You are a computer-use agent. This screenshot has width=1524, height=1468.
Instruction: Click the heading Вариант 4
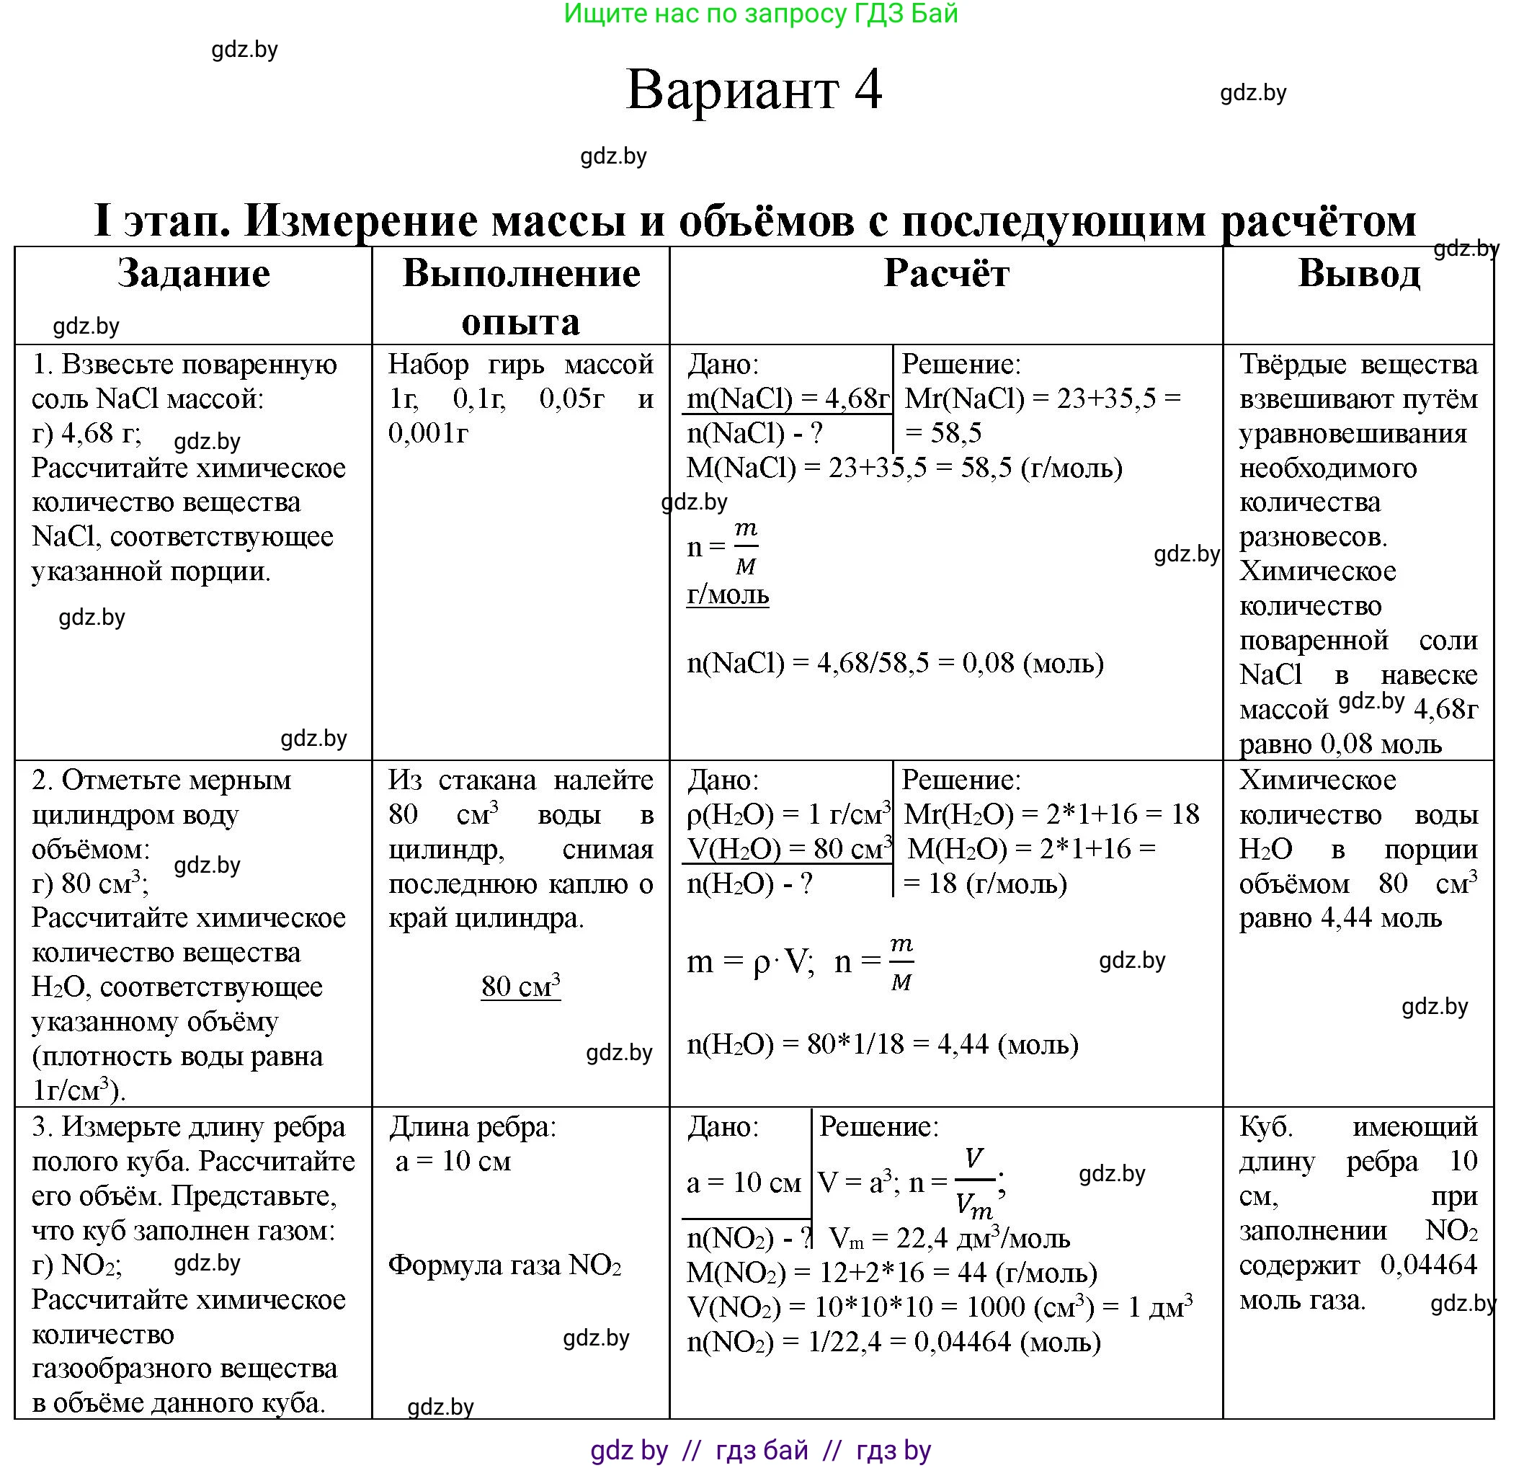point(754,89)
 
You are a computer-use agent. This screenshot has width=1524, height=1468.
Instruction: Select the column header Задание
point(194,274)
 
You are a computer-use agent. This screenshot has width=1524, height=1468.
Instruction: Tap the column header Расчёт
point(945,274)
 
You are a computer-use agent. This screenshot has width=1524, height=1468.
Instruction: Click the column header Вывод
point(1358,274)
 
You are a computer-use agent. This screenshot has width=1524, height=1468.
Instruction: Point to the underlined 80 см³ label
point(520,986)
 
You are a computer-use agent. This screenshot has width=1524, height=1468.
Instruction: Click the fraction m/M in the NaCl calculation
point(745,548)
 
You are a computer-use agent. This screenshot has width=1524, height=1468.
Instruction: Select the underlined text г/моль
point(728,594)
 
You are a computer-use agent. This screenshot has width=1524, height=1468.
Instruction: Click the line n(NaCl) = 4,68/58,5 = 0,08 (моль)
point(895,662)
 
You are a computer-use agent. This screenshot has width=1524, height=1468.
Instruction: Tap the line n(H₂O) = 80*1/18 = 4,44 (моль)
point(883,1044)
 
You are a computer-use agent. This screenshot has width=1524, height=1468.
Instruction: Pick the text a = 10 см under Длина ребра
point(453,1161)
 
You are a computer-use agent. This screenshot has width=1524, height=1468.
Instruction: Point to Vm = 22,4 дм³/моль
point(950,1238)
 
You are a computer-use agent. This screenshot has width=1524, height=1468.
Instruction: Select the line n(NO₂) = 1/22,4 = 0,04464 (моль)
point(894,1341)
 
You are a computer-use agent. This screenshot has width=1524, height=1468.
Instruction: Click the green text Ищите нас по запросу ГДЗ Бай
point(760,14)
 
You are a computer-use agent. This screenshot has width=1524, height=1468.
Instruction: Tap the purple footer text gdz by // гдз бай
point(760,1450)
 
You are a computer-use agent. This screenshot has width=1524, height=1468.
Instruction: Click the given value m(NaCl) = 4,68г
point(788,399)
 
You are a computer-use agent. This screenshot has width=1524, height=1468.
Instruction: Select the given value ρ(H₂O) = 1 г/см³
point(788,814)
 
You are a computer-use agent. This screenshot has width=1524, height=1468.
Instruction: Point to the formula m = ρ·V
point(750,963)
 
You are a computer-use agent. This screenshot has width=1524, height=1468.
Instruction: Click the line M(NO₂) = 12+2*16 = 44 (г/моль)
point(892,1273)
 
